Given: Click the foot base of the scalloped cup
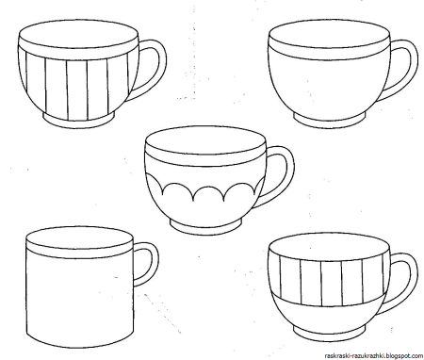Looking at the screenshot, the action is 206,227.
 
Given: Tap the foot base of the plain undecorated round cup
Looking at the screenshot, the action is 330,121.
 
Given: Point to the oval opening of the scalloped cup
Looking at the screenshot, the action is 205,140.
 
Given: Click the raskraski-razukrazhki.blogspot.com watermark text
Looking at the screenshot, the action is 373,355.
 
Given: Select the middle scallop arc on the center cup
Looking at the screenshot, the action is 208,188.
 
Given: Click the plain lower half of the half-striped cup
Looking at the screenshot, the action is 328,314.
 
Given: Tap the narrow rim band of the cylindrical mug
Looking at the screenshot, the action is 80,254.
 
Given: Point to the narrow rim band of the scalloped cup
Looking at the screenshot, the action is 205,159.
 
